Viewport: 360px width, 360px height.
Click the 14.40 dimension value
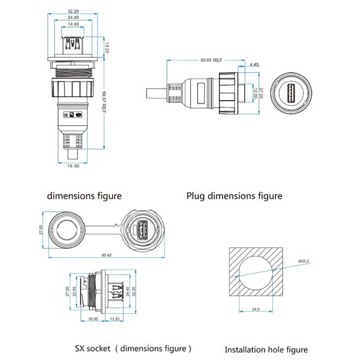(x=74, y=23)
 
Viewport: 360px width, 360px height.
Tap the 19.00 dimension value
(x=73, y=166)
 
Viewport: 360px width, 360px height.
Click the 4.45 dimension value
(x=254, y=64)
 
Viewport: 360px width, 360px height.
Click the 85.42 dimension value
(x=107, y=255)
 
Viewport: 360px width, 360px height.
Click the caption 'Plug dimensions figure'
(x=234, y=196)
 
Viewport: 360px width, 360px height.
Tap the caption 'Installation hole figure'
(x=266, y=350)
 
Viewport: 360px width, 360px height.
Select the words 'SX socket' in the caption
(x=91, y=348)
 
